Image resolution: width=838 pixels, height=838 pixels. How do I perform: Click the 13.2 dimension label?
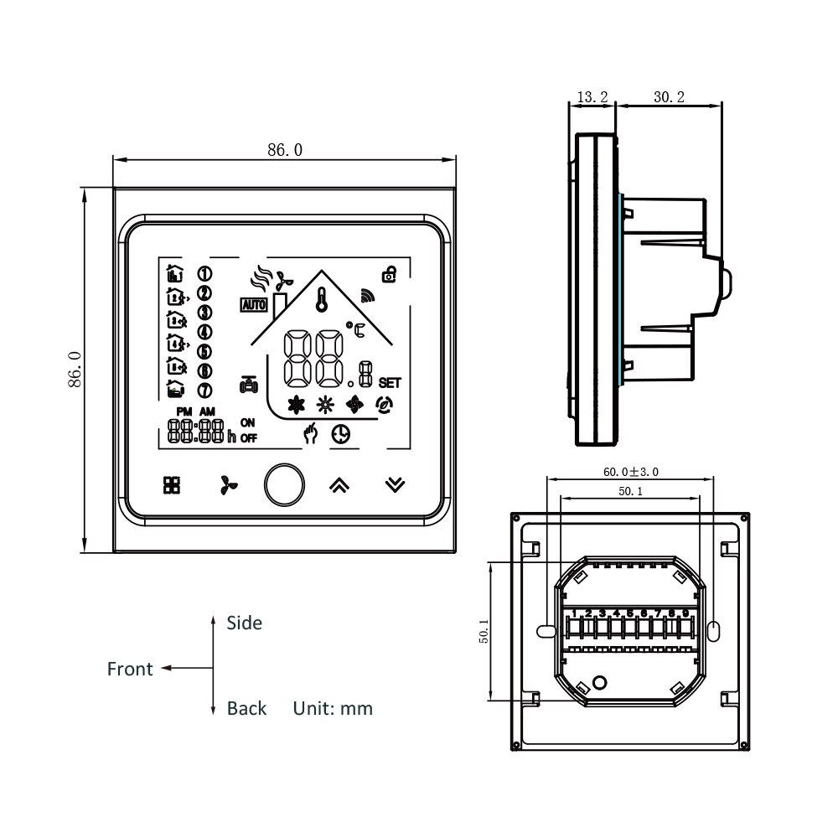(x=592, y=97)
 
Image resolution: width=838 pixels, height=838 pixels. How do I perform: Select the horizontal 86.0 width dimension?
(x=284, y=150)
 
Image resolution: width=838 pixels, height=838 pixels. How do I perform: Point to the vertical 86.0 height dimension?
(x=74, y=369)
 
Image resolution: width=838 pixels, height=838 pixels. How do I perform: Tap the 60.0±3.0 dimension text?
(x=630, y=472)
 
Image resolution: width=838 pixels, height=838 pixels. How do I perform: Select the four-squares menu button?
(x=171, y=485)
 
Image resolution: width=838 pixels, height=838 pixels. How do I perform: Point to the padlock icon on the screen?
(x=390, y=272)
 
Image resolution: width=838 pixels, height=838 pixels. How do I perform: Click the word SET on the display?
(x=390, y=383)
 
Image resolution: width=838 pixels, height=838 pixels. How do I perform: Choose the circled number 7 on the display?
(x=204, y=390)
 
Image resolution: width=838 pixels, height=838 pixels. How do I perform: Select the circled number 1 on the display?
(x=204, y=273)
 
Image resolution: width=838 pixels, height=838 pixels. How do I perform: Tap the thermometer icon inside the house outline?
(x=322, y=299)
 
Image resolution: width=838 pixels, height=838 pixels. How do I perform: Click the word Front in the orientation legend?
(x=130, y=669)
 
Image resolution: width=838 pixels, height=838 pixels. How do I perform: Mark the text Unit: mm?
(x=333, y=709)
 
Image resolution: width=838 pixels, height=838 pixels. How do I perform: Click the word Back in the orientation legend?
(x=246, y=709)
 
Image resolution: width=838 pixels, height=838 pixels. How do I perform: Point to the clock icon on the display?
(x=340, y=434)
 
